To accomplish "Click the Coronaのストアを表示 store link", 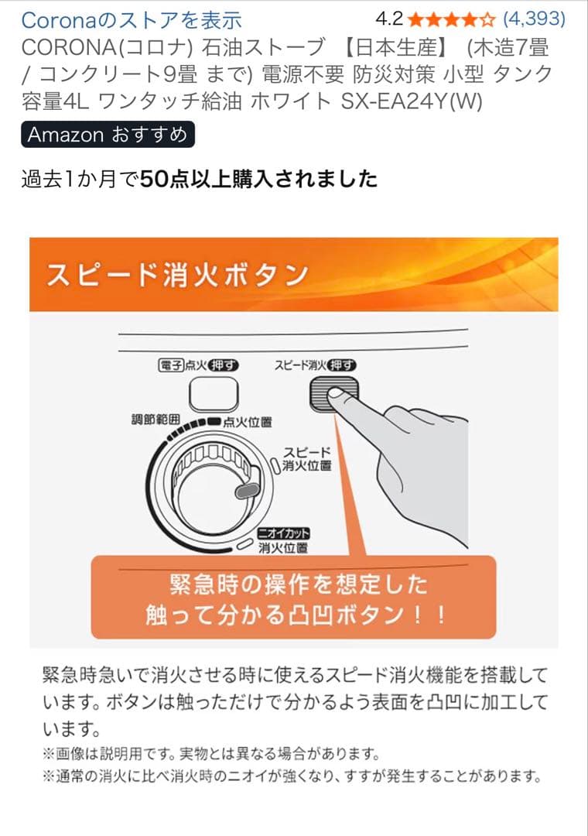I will point(132,19).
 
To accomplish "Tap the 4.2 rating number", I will point(388,19).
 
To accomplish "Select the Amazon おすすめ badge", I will point(108,135).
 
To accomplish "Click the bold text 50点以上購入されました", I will point(258,180).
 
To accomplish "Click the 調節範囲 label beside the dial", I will point(156,419).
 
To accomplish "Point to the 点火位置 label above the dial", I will point(247,423).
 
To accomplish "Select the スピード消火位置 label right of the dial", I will point(307,458).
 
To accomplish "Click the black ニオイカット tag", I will point(283,534).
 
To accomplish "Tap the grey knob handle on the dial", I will point(246,490).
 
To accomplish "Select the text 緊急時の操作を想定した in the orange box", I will point(298,584).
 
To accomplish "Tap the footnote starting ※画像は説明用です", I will point(210,753).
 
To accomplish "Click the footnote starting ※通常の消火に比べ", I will point(290,776).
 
